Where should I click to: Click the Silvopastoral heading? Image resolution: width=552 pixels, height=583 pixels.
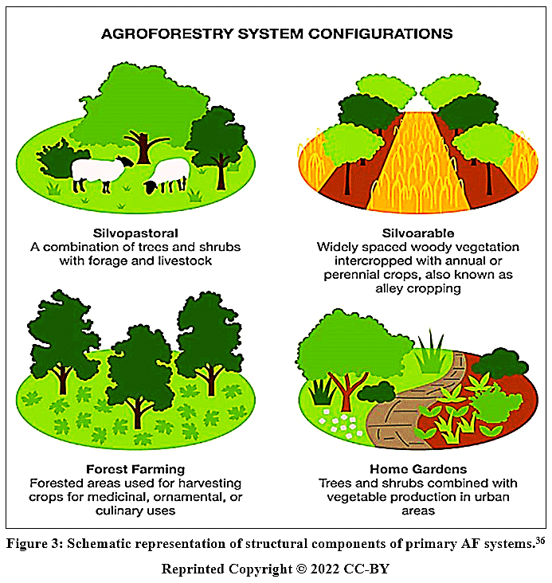135,233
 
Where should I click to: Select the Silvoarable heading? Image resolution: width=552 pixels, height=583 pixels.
418,233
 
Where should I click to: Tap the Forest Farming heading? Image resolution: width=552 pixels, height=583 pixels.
135,469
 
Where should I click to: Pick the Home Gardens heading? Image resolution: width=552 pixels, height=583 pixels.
418,469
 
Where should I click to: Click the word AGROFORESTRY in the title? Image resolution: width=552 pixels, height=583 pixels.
168,33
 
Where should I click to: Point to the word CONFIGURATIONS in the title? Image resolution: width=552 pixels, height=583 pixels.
380,33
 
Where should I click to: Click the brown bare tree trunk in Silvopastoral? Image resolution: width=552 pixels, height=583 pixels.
143,147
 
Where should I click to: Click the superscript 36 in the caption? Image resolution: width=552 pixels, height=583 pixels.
541,540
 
